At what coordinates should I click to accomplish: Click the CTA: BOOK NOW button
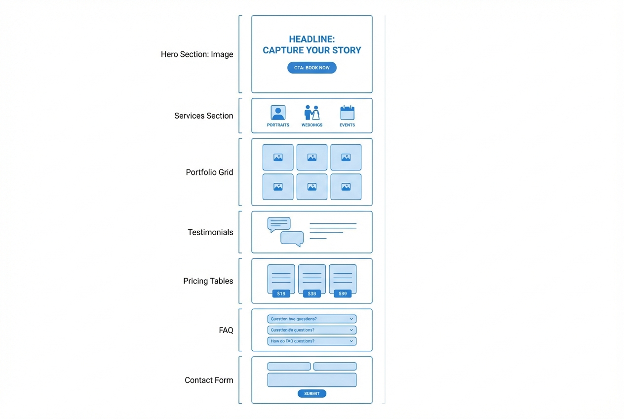[312, 68]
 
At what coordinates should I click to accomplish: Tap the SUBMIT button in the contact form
[312, 394]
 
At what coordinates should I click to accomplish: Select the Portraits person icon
[278, 113]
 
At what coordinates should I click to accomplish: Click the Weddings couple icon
[312, 113]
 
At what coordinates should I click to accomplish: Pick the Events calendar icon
[347, 113]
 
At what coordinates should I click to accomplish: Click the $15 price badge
[281, 293]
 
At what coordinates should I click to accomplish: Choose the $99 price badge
[343, 293]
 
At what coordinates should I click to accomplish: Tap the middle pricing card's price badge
[312, 293]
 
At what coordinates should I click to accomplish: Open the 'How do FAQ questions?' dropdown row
[312, 341]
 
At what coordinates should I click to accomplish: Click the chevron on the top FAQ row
[351, 319]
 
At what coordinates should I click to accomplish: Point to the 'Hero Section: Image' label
[197, 54]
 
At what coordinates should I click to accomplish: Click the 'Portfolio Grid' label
[209, 172]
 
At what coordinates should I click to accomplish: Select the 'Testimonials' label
[210, 232]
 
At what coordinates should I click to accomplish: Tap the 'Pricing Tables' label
[208, 281]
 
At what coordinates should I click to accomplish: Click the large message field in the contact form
[312, 380]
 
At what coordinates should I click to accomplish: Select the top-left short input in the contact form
[289, 367]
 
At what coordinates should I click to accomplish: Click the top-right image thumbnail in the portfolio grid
[346, 157]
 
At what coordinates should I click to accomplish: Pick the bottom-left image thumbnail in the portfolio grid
[278, 187]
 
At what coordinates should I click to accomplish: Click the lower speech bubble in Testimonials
[292, 239]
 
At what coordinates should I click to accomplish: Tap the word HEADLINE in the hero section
[312, 39]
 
